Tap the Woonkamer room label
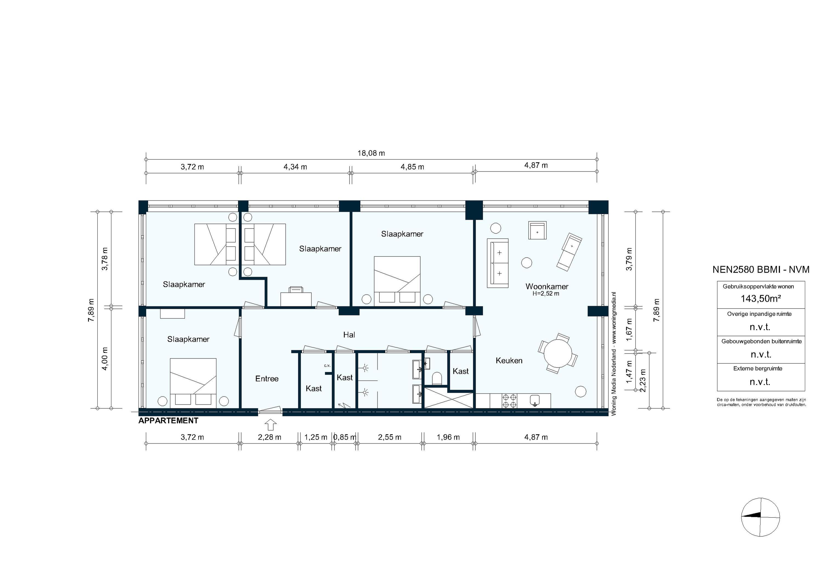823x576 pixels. pos(547,286)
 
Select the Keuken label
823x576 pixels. pos(509,361)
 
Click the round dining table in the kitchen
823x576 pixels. pos(558,353)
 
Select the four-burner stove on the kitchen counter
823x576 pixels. pos(509,401)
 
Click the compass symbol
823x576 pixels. pos(760,517)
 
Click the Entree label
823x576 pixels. pos(267,379)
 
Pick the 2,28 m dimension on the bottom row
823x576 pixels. pos(270,437)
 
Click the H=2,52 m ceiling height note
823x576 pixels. pos(546,293)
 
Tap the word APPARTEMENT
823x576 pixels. pos(168,421)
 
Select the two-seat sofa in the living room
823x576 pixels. pos(498,263)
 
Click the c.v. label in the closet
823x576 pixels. pos(327,366)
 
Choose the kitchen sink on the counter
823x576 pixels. pos(534,400)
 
